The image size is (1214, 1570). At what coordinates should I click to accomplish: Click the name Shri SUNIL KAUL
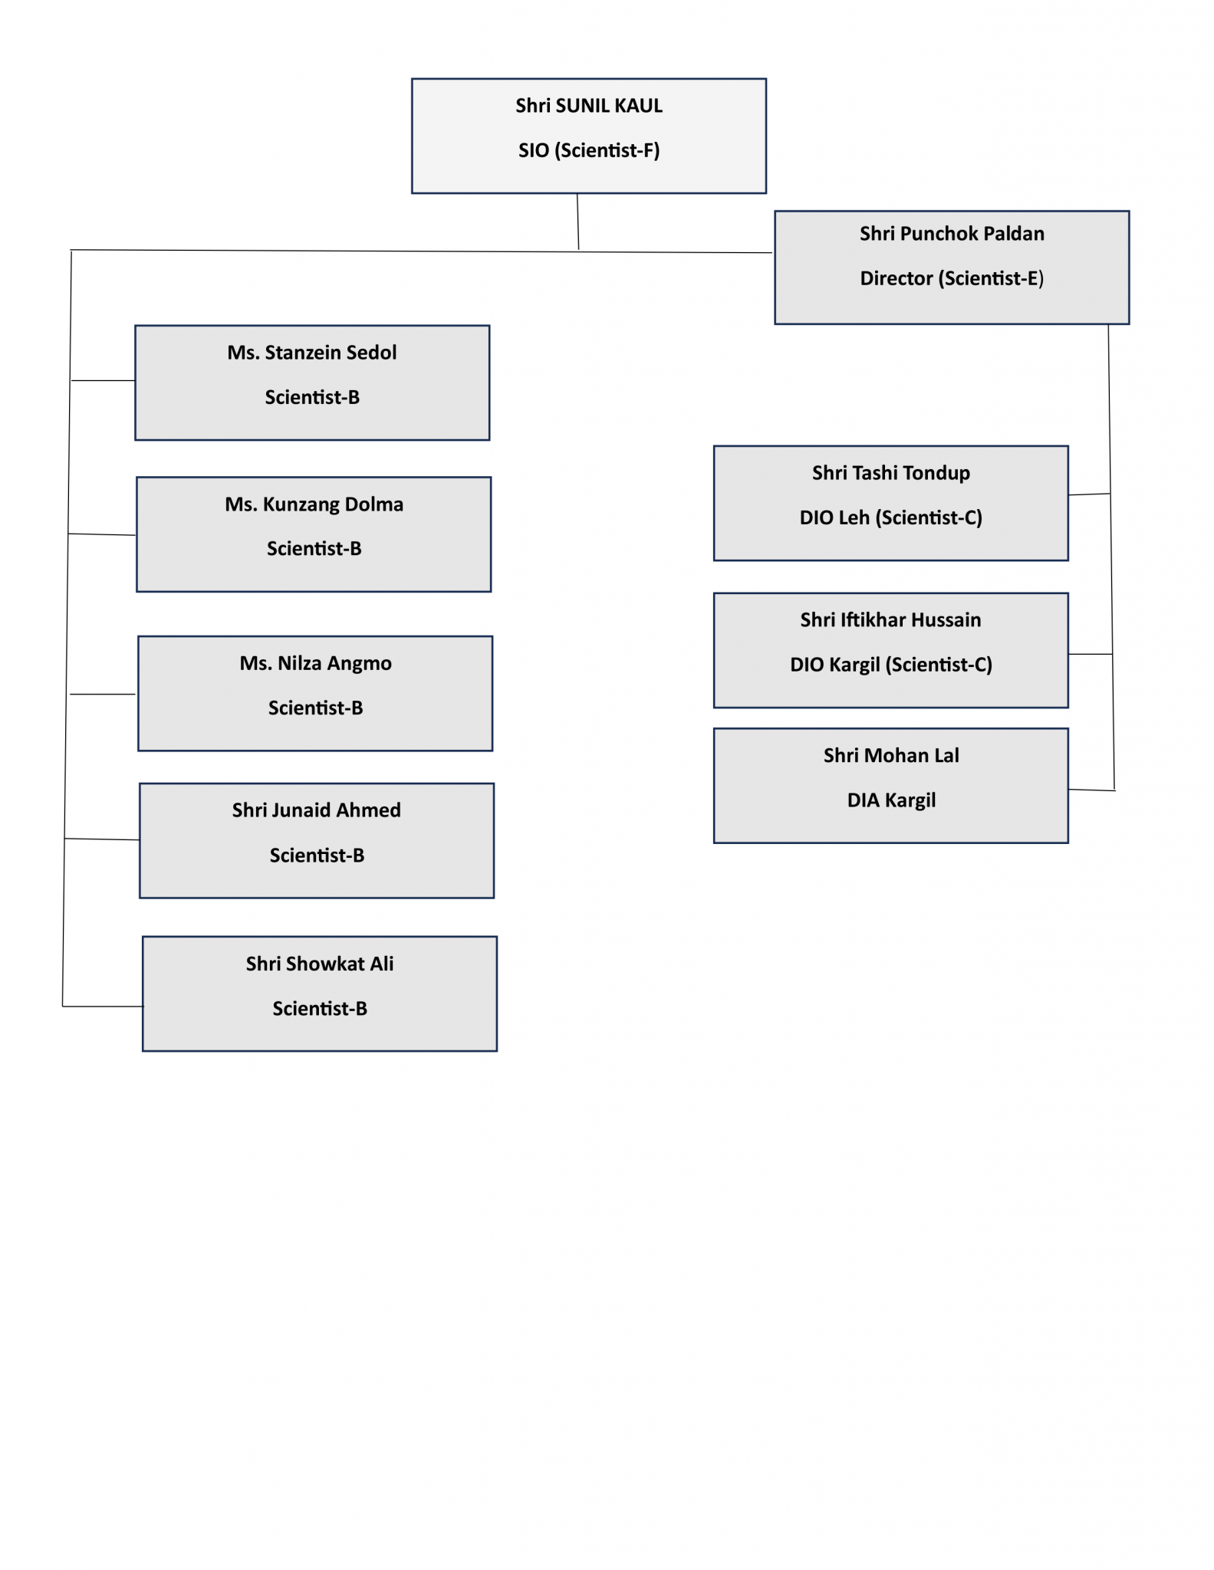point(588,106)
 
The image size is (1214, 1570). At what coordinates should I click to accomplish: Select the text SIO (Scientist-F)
point(588,150)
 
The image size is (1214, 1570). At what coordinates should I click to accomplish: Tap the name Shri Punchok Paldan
point(951,234)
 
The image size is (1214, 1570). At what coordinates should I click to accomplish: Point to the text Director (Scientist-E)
point(951,278)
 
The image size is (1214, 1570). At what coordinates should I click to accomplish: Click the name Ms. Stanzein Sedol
point(311,353)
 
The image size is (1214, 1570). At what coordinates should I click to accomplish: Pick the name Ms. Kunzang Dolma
point(314,504)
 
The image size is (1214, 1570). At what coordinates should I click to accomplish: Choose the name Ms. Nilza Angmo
point(315,663)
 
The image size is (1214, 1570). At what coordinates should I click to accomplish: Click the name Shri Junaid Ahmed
point(316,810)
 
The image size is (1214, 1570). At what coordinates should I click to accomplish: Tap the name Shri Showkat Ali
point(319,964)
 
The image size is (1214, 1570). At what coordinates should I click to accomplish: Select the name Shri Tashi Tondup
point(890,473)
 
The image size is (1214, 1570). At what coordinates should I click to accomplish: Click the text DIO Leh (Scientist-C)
point(890,517)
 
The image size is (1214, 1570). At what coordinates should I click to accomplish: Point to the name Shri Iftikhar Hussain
point(890,620)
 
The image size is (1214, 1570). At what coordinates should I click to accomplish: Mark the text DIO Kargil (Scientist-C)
point(890,665)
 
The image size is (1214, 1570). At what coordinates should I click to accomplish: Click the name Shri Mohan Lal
point(890,756)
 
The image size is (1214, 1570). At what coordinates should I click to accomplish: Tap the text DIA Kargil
point(890,800)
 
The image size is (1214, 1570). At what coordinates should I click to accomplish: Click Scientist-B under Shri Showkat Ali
point(319,1008)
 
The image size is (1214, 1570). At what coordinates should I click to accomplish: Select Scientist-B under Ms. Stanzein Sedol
point(311,397)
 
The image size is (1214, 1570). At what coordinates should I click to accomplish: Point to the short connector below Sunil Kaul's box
point(577,222)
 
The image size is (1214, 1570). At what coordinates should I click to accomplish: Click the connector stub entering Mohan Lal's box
point(1091,790)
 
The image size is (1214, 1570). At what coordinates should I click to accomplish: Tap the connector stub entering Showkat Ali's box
point(102,1006)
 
